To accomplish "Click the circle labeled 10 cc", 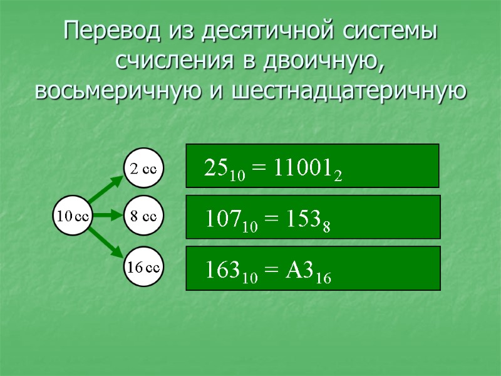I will pos(73,217).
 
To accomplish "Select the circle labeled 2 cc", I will pos(143,167).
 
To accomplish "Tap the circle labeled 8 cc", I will pos(143,217).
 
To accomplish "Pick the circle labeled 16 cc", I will pos(143,267).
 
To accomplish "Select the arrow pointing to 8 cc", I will pos(107,217).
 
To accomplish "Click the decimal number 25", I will pos(216,167).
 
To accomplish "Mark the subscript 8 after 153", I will pos(326,227).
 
